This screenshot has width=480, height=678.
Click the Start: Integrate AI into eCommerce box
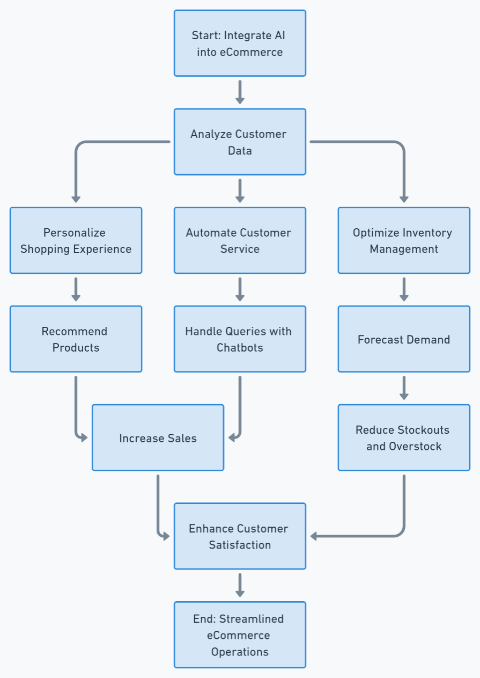pyautogui.click(x=240, y=43)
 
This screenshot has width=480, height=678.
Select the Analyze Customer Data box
pyautogui.click(x=240, y=142)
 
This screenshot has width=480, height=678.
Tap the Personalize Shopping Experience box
pyautogui.click(x=76, y=240)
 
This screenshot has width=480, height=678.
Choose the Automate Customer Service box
pyautogui.click(x=240, y=240)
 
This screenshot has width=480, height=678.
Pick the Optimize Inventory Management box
pyautogui.click(x=404, y=240)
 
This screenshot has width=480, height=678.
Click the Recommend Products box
pyautogui.click(x=76, y=339)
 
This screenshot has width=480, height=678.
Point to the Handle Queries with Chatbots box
pyautogui.click(x=240, y=339)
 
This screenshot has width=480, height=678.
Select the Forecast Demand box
pyautogui.click(x=404, y=339)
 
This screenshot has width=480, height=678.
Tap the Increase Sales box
pyautogui.click(x=158, y=438)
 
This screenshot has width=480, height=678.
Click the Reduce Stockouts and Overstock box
pyautogui.click(x=404, y=438)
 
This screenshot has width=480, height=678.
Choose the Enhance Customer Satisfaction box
pyautogui.click(x=240, y=536)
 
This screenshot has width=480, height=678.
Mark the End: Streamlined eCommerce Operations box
pyautogui.click(x=240, y=635)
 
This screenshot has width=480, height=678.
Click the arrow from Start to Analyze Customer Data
pyautogui.click(x=240, y=92)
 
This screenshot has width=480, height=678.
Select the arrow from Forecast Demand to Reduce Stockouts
pyautogui.click(x=404, y=388)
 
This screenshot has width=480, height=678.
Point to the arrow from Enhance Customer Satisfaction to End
pyautogui.click(x=240, y=585)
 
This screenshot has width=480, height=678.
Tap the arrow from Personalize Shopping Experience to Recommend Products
pyautogui.click(x=76, y=289)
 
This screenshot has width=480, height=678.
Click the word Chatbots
pyautogui.click(x=240, y=347)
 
